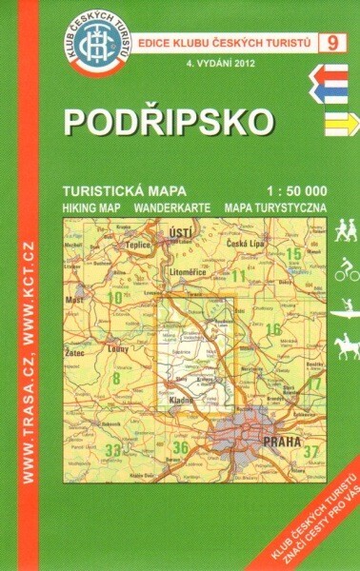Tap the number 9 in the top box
[x=331, y=42]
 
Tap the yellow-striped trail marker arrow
[x=335, y=121]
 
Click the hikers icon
[x=345, y=229]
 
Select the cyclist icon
[x=345, y=270]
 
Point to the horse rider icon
[x=345, y=341]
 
